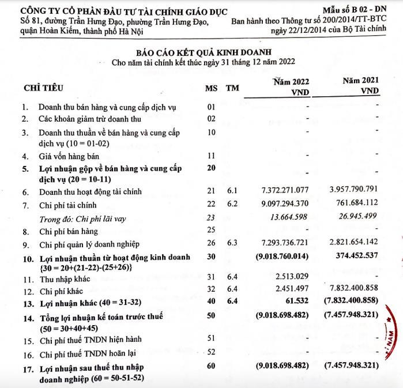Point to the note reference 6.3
point(232,244)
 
